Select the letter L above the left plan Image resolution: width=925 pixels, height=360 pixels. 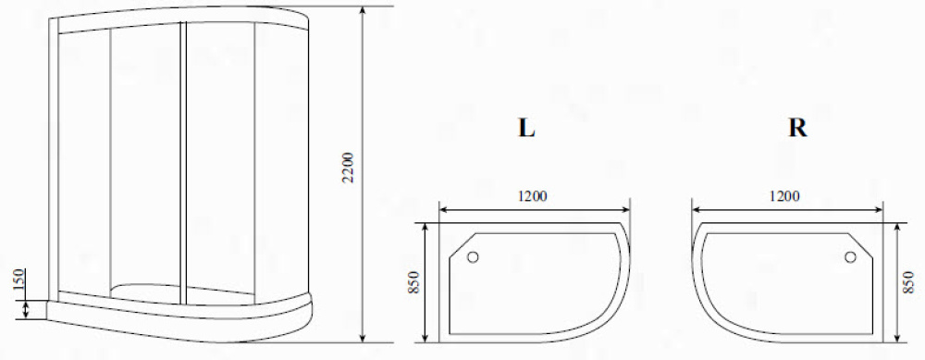click(526, 128)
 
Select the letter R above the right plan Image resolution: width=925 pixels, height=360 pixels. click(797, 128)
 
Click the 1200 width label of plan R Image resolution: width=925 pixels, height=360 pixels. click(784, 196)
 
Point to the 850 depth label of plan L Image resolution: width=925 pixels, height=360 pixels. click(413, 283)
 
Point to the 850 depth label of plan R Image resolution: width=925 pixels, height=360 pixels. click(909, 282)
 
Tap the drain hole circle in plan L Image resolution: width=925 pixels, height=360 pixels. click(473, 256)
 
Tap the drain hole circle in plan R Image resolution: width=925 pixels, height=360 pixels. click(850, 256)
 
